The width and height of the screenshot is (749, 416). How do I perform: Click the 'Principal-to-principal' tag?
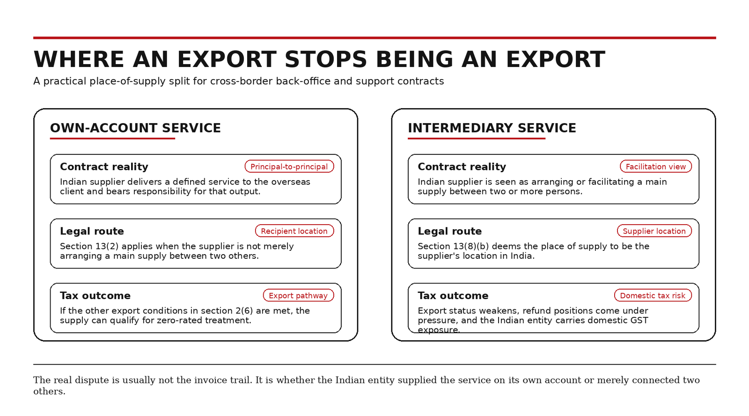[x=289, y=167]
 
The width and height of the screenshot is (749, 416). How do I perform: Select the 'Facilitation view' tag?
[x=656, y=167]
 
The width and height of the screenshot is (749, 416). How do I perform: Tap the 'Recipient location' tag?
[x=294, y=231]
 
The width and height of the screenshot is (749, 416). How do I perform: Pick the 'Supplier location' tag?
[x=654, y=231]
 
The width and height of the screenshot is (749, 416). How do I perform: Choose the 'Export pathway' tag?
[x=298, y=295]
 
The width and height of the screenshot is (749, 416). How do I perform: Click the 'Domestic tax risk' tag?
[x=653, y=295]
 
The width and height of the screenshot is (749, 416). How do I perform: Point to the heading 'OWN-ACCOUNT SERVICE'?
[x=135, y=128]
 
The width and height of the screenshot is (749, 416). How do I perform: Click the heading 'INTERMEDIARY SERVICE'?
[x=492, y=128]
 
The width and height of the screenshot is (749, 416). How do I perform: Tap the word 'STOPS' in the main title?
[x=326, y=59]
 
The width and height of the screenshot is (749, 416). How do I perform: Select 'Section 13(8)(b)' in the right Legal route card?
[x=453, y=247]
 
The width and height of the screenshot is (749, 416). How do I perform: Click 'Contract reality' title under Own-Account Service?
[x=104, y=167]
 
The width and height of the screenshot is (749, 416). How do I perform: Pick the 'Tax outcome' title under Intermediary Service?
[x=453, y=295]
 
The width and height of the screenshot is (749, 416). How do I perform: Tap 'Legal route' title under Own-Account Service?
[x=92, y=231]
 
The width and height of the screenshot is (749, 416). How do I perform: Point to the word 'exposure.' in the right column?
[x=439, y=330]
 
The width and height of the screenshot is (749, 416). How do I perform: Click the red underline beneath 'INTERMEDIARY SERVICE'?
[x=477, y=139]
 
